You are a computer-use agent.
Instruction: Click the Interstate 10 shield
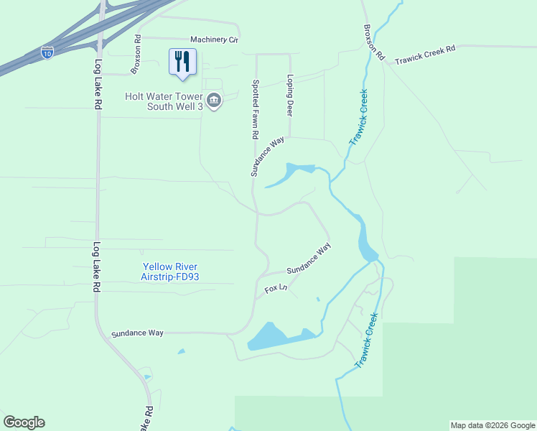[47, 53]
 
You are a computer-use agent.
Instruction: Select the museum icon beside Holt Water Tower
[213, 101]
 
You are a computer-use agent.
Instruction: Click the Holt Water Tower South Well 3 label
[164, 101]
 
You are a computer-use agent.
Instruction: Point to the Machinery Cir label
[213, 40]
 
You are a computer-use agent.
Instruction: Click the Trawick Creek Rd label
[425, 50]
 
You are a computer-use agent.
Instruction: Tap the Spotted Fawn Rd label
[255, 109]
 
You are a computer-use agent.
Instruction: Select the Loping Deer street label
[290, 96]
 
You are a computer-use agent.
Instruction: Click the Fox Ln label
[276, 289]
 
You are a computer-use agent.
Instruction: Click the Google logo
[24, 422]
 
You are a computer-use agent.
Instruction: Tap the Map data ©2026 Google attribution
[492, 425]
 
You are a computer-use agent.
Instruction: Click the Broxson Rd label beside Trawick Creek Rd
[374, 42]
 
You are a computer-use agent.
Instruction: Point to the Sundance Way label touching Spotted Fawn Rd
[268, 156]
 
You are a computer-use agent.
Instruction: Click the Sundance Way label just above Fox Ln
[309, 259]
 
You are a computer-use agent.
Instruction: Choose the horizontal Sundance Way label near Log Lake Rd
[137, 333]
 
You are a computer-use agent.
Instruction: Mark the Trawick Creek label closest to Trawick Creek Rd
[358, 117]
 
